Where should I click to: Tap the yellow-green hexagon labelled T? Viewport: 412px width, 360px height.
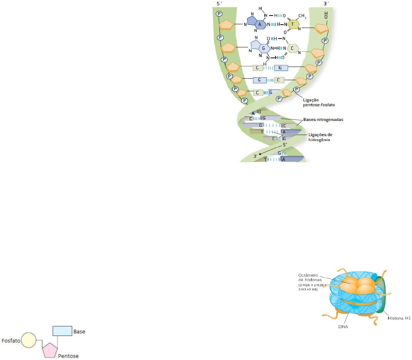click(292, 24)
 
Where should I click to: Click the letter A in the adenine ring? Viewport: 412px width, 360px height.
click(260, 24)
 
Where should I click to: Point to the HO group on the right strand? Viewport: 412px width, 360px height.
click(326, 15)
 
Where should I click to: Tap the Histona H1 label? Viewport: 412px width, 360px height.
click(400, 318)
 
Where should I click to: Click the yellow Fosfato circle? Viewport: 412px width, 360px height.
click(28, 340)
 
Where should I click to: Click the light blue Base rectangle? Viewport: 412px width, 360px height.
click(62, 331)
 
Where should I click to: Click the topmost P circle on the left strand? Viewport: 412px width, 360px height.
click(219, 14)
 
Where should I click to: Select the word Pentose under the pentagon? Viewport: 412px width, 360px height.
click(68, 356)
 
